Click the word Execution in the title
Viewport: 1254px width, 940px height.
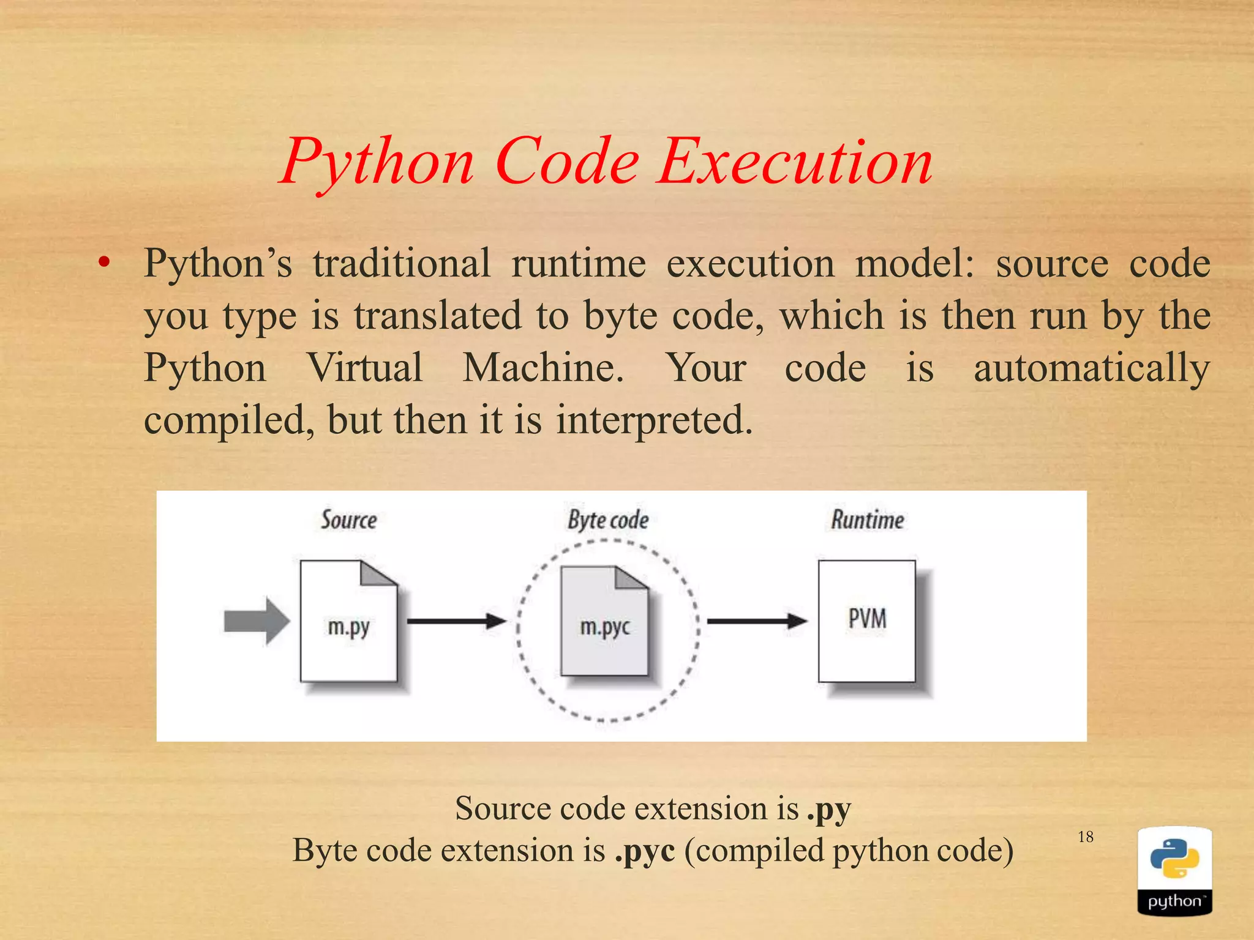coord(795,162)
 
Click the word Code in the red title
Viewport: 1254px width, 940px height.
coord(567,162)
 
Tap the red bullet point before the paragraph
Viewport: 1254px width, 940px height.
coord(104,263)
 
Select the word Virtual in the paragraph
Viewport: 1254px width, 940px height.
coord(365,368)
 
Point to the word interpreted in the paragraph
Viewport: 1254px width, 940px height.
coord(654,421)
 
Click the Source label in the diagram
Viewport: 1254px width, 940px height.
coord(349,520)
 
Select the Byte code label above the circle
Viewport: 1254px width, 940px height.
coord(608,520)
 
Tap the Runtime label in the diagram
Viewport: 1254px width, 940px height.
coord(867,520)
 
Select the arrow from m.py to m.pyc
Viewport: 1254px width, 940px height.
coord(456,621)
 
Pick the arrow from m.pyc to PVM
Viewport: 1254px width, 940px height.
coord(757,621)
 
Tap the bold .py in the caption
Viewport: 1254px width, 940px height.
coord(828,810)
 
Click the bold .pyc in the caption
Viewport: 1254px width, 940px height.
coord(645,851)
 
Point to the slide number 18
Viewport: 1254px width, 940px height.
coord(1086,837)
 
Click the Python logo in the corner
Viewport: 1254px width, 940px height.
coord(1174,871)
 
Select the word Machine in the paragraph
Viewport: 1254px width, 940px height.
coord(543,368)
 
